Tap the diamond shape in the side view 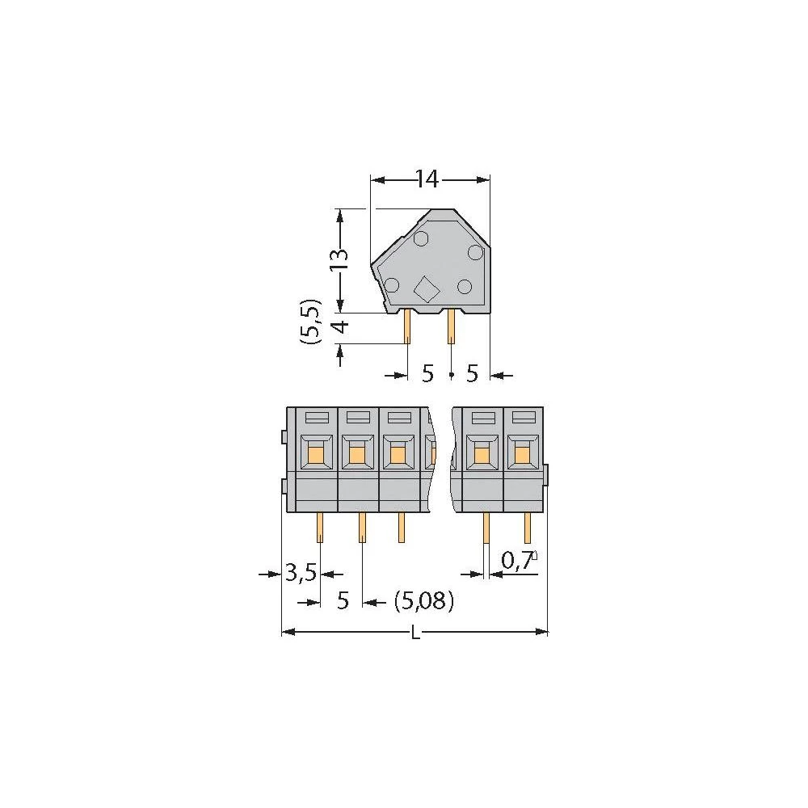point(426,288)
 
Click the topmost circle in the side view point(421,238)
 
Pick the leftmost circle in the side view point(392,284)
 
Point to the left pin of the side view point(408,327)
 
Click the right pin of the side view point(452,327)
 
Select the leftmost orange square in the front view point(315,456)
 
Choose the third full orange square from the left point(398,456)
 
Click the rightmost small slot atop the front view point(524,418)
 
